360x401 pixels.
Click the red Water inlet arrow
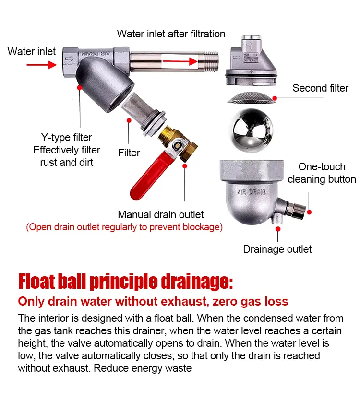tap(41, 65)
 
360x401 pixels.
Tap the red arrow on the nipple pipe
tap(180, 61)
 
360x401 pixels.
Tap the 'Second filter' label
tap(320, 88)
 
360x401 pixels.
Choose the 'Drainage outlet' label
tap(277, 249)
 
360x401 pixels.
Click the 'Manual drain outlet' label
tap(161, 214)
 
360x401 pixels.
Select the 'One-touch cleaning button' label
tap(322, 173)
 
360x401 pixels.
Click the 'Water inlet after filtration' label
tap(171, 34)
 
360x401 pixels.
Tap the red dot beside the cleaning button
tap(309, 212)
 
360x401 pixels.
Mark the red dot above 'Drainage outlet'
tap(278, 229)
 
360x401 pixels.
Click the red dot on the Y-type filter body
tap(80, 88)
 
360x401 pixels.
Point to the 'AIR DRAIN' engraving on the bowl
tap(252, 192)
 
